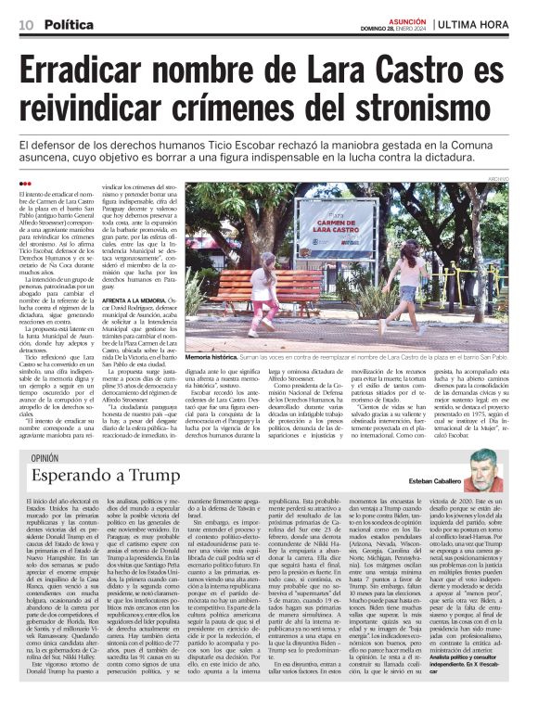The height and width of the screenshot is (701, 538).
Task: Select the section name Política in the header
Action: [70, 21]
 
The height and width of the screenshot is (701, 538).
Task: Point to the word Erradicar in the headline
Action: [96, 72]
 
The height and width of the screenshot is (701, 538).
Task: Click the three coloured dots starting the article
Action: [24, 183]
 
